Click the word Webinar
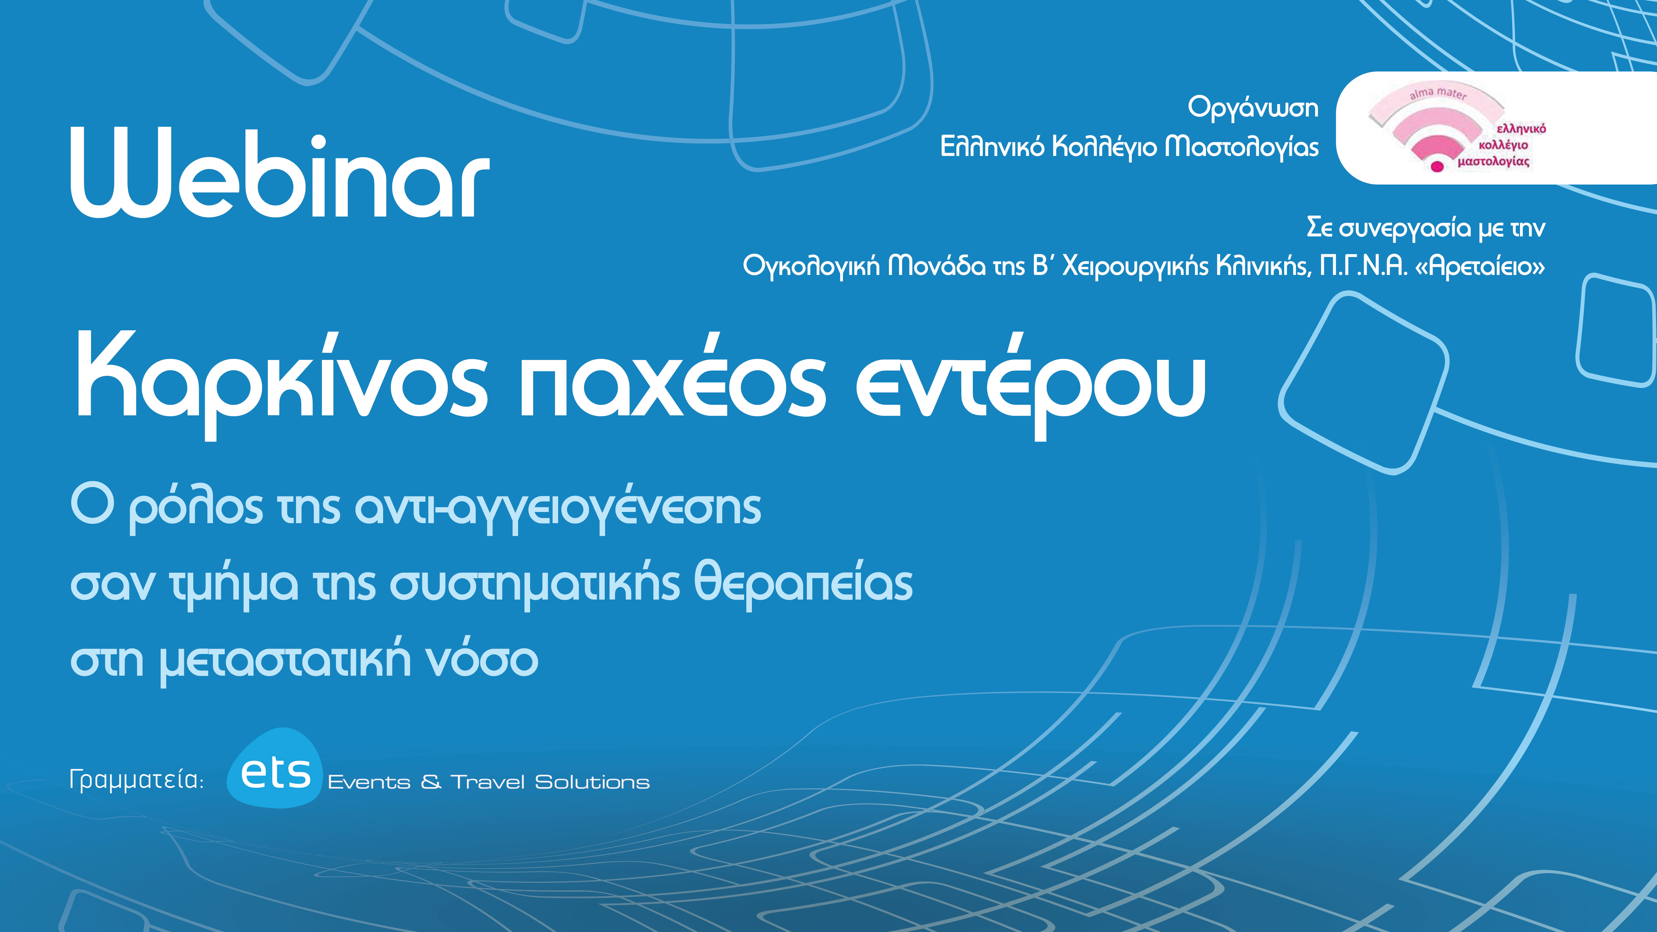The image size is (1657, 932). [280, 174]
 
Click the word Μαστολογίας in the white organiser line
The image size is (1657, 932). [1242, 147]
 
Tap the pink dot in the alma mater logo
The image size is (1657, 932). [1436, 167]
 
